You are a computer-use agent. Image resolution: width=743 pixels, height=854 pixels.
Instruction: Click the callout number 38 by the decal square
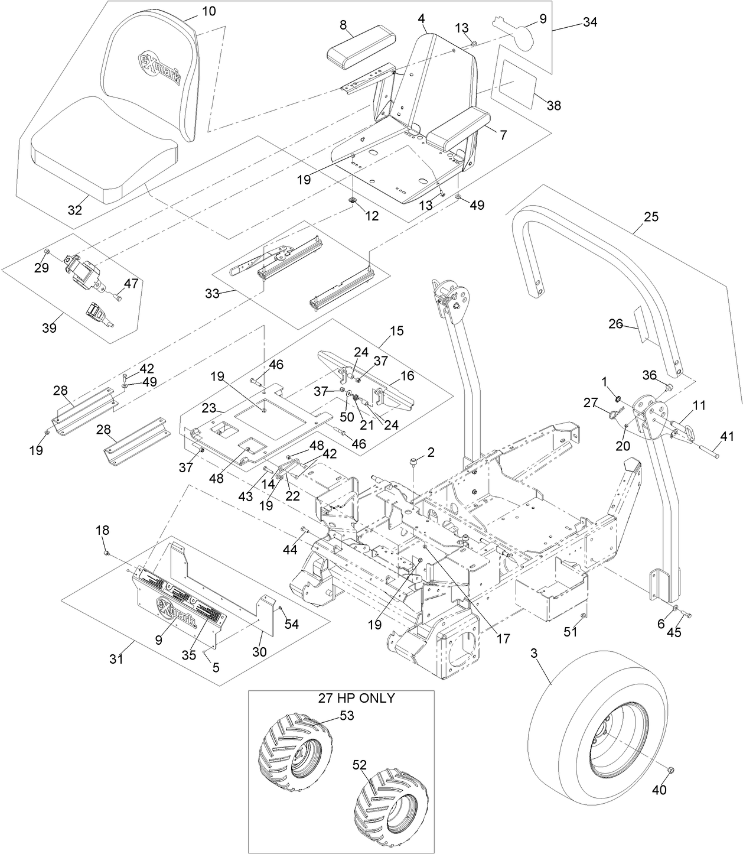coord(553,106)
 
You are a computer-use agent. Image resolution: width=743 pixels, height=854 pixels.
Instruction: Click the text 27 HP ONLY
coord(357,698)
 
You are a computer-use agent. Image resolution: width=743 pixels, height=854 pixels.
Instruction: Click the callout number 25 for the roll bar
coord(650,217)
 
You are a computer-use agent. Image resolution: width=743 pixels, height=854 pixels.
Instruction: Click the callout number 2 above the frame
coord(431,452)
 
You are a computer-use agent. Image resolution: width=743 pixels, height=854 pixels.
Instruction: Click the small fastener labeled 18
coord(107,553)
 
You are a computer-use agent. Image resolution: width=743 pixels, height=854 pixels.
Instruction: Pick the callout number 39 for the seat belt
coord(50,327)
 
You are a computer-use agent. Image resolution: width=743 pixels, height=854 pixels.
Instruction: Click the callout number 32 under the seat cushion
coord(74,209)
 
